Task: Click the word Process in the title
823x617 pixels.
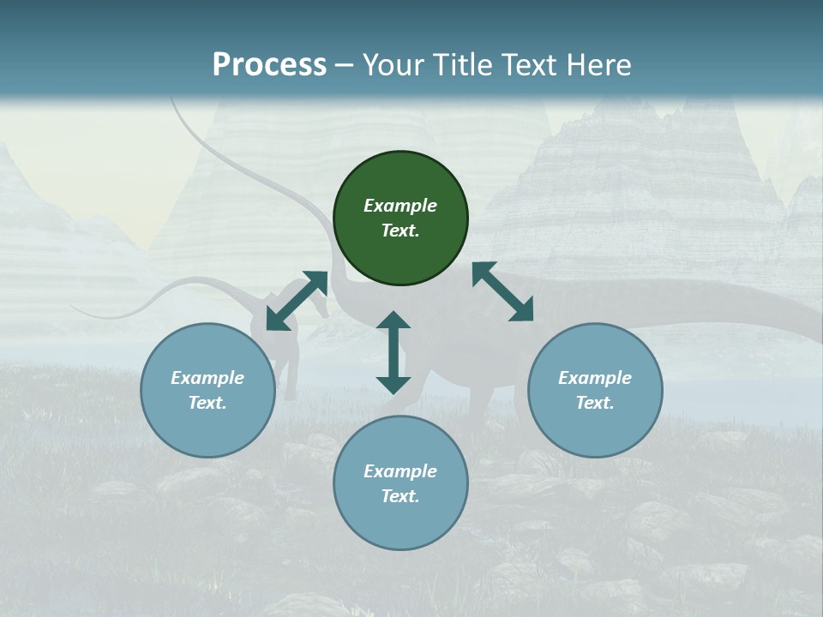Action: click(x=269, y=65)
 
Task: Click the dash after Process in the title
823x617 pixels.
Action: click(x=345, y=66)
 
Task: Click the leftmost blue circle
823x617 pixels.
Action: click(x=207, y=390)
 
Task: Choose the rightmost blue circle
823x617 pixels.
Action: click(x=595, y=390)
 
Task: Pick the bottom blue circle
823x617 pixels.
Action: click(x=400, y=482)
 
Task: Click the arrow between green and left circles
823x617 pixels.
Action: click(x=297, y=301)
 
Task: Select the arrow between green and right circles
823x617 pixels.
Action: click(x=503, y=291)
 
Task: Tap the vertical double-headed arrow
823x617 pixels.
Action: click(x=393, y=352)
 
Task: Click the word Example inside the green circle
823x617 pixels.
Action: click(x=400, y=206)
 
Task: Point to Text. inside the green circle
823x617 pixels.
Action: click(x=400, y=231)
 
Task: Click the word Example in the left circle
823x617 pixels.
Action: click(x=207, y=378)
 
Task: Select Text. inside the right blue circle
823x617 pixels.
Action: click(x=595, y=403)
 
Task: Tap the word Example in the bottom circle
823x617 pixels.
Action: click(x=400, y=471)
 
